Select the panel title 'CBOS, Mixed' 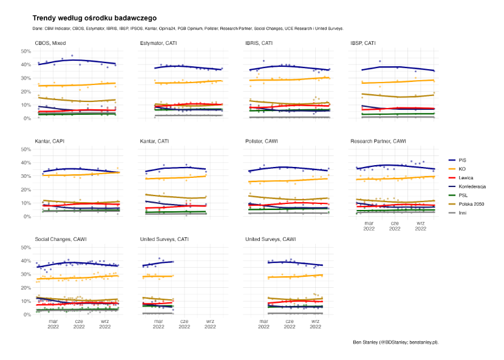point(51,44)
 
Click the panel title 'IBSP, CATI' point(366,44)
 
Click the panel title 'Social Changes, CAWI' point(61,240)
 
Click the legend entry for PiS point(463,160)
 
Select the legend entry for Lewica point(466,177)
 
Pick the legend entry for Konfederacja point(472,186)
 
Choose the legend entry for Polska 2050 point(471,203)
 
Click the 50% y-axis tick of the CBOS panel point(26,51)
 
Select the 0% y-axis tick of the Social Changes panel point(27,314)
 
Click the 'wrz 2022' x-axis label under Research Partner point(420,226)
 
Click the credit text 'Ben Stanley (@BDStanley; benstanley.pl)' point(395,342)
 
